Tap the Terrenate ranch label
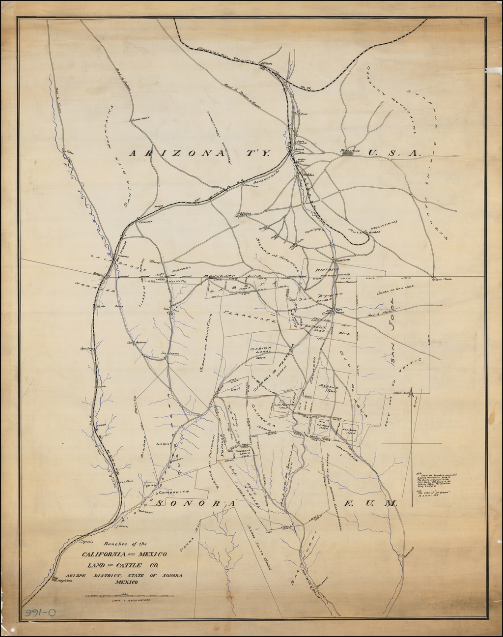[x=248, y=317]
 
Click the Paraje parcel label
[x=327, y=387]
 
